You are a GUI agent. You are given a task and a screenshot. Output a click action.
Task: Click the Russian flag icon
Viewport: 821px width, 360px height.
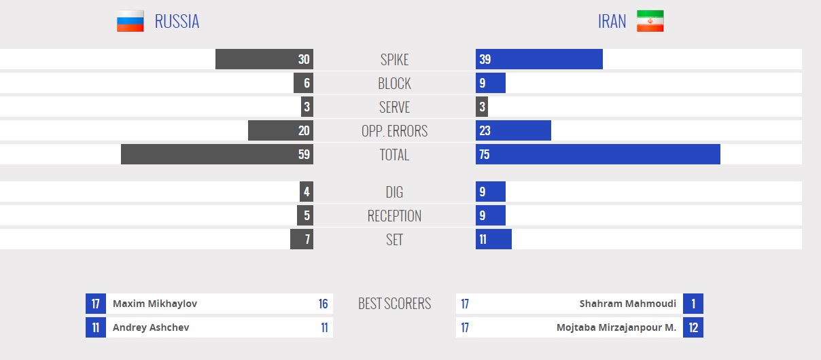tap(130, 21)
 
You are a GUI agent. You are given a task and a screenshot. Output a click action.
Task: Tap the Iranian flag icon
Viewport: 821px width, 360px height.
tap(650, 21)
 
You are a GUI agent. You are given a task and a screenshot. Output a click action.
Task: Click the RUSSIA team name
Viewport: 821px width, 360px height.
tap(177, 22)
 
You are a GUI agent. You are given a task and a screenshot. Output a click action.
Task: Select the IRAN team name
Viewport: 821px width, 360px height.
tap(612, 22)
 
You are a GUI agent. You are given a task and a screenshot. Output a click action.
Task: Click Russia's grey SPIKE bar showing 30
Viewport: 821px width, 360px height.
tap(264, 59)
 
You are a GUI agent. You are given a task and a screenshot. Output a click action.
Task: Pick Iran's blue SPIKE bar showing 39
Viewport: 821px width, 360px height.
tap(539, 59)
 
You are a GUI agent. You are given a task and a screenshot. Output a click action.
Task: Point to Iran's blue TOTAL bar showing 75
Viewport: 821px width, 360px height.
tap(598, 154)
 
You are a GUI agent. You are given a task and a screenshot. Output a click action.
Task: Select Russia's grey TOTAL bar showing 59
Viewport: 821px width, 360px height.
tap(217, 154)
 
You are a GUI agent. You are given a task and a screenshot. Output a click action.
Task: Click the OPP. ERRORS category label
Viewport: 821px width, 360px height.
tap(394, 131)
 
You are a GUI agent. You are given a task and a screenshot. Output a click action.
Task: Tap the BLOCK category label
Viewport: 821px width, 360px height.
tap(394, 84)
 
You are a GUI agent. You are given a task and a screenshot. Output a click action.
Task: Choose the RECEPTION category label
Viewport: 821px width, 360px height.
tap(394, 216)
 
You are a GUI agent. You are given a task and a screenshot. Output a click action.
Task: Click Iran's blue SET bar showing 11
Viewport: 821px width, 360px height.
tap(493, 239)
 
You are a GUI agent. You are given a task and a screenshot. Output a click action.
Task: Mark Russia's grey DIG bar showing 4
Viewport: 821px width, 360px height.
tap(307, 192)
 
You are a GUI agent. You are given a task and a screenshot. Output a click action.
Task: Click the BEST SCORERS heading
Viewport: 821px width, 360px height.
tap(394, 304)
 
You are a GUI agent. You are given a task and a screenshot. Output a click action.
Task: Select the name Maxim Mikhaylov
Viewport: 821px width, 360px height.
tap(155, 304)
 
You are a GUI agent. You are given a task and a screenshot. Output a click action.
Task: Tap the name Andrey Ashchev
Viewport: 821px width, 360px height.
tap(151, 327)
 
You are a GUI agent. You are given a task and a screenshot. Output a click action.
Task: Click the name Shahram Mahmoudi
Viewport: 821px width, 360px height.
tap(628, 304)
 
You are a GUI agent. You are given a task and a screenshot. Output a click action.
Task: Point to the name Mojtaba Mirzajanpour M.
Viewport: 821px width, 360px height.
tap(616, 327)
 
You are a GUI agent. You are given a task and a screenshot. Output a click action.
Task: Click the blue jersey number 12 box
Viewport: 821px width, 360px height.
tap(693, 327)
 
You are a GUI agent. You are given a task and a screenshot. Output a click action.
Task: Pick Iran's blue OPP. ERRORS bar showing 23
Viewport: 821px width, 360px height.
tap(513, 130)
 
